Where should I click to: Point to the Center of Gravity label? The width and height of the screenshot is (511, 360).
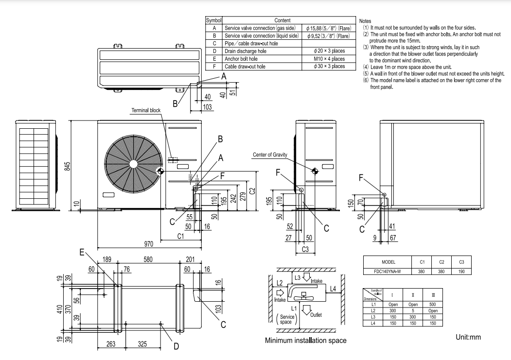pos(270,154)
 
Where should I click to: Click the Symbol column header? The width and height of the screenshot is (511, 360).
pos(213,21)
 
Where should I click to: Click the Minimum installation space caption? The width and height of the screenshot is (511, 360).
pos(305,341)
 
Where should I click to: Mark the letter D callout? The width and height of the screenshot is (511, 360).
pos(176,346)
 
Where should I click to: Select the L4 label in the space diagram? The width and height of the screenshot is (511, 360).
pos(333,289)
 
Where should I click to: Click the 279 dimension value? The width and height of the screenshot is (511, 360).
pos(242,196)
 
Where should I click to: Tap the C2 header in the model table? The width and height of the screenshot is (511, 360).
pos(442,262)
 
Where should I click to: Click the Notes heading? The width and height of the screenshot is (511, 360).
pos(365,21)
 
